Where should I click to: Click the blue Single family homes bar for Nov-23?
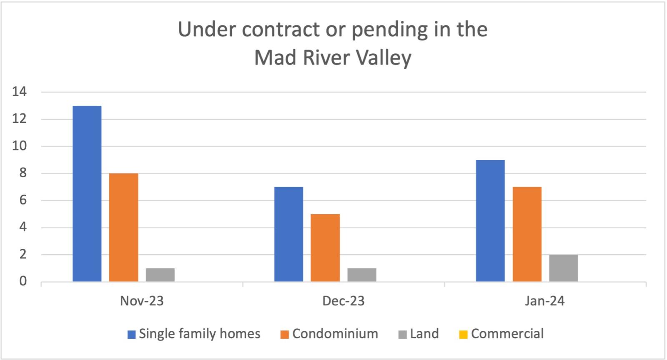click(87, 194)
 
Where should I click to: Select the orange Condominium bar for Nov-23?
click(123, 227)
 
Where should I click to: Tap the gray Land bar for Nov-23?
click(160, 275)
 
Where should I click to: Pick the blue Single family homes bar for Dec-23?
click(288, 234)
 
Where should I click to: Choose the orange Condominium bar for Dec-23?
click(325, 248)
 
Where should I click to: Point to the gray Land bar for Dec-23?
click(362, 275)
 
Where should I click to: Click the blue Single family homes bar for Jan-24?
click(490, 221)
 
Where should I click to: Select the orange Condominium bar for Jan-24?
click(527, 234)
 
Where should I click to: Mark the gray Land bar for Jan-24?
click(564, 268)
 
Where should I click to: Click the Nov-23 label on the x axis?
click(142, 301)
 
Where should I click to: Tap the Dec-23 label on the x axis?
click(344, 301)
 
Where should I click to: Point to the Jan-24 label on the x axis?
click(545, 301)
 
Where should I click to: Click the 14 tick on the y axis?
click(19, 92)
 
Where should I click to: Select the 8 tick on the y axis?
click(23, 173)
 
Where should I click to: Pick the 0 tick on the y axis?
click(23, 282)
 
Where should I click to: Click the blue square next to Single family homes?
click(132, 335)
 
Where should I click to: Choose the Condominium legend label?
click(335, 334)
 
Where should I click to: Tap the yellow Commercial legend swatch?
click(463, 335)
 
